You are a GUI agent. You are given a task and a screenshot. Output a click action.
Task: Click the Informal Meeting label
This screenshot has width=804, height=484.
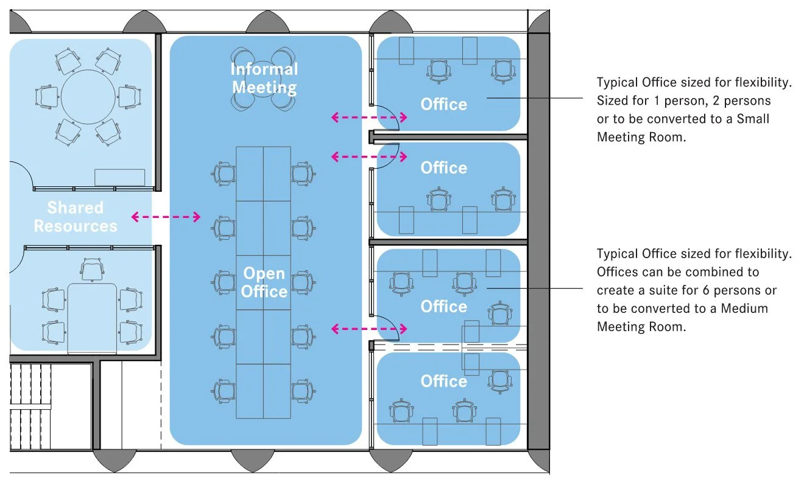(x=264, y=78)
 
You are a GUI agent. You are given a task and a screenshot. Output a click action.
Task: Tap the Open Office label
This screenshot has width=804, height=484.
(x=264, y=282)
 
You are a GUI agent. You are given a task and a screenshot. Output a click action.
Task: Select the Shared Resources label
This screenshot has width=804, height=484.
(x=76, y=217)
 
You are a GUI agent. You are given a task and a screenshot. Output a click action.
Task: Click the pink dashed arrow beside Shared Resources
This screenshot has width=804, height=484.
(x=166, y=216)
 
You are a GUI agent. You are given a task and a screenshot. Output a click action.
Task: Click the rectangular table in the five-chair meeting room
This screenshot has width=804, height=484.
(x=92, y=317)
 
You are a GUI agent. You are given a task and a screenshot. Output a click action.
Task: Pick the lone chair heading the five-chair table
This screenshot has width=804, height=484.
(x=91, y=268)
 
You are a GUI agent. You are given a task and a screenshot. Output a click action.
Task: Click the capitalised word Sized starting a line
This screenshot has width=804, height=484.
(x=612, y=100)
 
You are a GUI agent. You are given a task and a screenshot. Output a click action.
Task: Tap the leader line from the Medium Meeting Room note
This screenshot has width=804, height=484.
(x=536, y=288)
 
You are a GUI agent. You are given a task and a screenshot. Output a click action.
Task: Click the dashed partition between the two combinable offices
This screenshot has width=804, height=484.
(x=450, y=346)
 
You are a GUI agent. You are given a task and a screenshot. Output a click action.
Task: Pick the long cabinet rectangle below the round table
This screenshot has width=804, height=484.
(x=119, y=177)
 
